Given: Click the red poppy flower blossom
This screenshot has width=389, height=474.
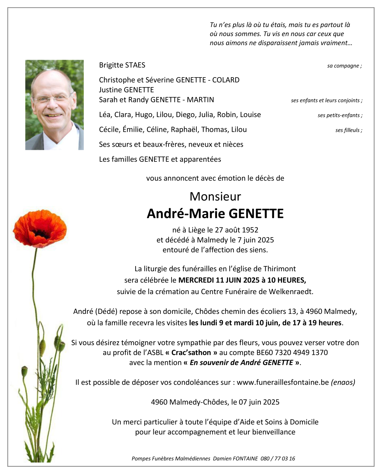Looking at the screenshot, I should coord(40,228).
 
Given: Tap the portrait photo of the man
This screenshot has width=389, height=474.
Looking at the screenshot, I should coord(55,105).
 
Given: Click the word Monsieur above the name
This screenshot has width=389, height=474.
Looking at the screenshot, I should coord(215,196).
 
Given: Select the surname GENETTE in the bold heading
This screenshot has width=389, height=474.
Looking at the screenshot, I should coord(256,214).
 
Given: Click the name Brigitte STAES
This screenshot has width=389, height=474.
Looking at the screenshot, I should coord(122,65).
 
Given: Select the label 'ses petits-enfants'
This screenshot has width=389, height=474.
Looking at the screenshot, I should coord(340,115).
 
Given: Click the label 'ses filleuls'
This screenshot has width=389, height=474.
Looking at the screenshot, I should coord(349,130).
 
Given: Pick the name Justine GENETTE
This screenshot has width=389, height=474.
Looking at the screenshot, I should coord(126,90).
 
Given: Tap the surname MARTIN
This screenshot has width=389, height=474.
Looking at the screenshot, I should coord(200,100).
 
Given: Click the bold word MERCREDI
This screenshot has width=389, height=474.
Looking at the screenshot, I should coord(196,280).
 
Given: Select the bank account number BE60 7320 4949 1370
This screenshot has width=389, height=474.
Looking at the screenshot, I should coord(292,352).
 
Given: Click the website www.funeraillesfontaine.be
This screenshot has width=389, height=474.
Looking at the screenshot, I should coord(283,382).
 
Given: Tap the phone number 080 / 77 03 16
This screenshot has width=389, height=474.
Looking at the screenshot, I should coord(278,459).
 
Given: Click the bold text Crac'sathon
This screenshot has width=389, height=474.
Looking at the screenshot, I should coord(191,352).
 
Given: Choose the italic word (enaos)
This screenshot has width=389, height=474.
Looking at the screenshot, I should coord(343,382).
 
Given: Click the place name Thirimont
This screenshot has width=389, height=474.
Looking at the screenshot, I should coord(279,269).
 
